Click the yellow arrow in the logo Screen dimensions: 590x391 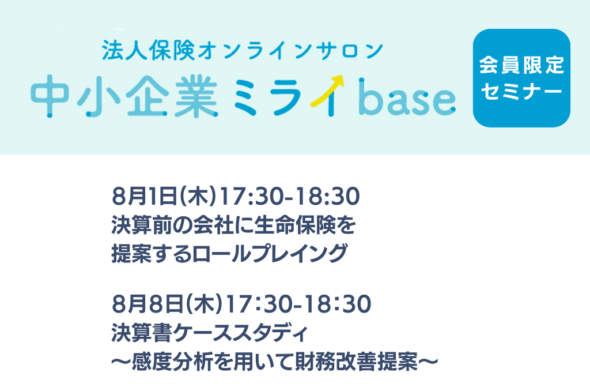327,91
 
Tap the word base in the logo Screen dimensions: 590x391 407,97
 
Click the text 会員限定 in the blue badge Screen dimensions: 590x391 521,65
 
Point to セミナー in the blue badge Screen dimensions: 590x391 521,91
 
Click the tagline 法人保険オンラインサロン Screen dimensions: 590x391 243,51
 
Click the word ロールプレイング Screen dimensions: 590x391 270,253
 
